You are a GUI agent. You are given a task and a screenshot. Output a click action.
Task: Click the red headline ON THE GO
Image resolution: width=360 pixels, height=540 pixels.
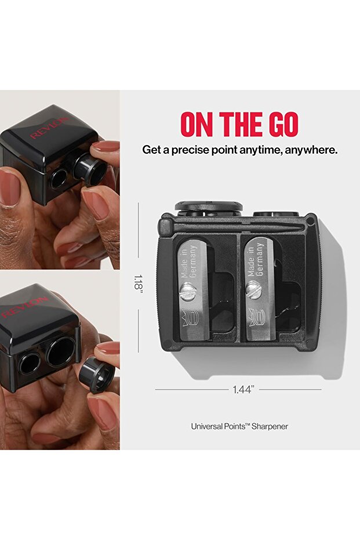(x=239, y=124)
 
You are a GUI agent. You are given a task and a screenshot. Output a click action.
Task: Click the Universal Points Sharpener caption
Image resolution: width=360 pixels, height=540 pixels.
(x=239, y=426)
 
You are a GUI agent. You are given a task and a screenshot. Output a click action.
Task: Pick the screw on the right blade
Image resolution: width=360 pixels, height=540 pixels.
(x=253, y=288)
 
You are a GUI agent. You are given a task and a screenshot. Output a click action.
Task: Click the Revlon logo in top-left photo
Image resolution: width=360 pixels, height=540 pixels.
(x=49, y=127)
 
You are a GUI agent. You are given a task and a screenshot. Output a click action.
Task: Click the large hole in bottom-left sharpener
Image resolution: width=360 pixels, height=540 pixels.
(x=61, y=351)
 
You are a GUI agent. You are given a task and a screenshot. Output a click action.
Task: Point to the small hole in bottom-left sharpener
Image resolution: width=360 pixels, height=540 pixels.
(x=27, y=364)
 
